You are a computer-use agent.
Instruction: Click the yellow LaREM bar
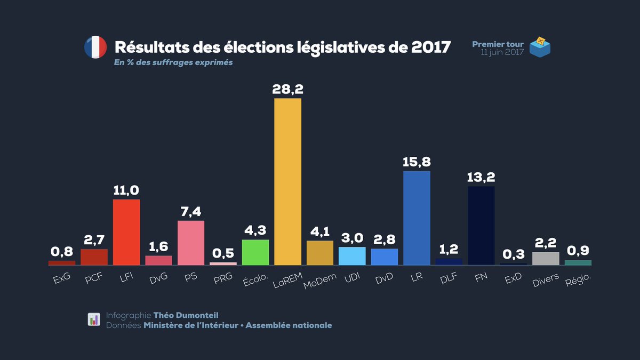click(287, 181)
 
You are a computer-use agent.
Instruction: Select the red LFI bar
click(126, 232)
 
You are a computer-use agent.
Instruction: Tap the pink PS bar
click(191, 243)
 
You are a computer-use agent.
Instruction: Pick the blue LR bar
click(417, 218)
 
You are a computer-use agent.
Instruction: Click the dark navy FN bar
click(481, 225)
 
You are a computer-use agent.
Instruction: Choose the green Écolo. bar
click(255, 252)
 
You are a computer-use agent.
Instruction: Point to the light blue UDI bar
click(352, 256)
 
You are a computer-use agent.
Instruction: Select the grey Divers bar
click(546, 258)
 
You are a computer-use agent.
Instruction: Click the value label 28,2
click(287, 89)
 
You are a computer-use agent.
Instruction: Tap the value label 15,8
click(417, 161)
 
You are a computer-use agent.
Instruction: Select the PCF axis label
click(93, 278)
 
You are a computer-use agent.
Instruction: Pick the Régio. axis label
click(578, 279)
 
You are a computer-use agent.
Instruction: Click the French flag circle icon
click(95, 47)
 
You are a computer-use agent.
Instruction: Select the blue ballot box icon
click(540, 47)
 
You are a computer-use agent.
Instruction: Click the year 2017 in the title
click(431, 47)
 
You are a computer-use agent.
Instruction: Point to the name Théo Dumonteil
click(186, 315)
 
